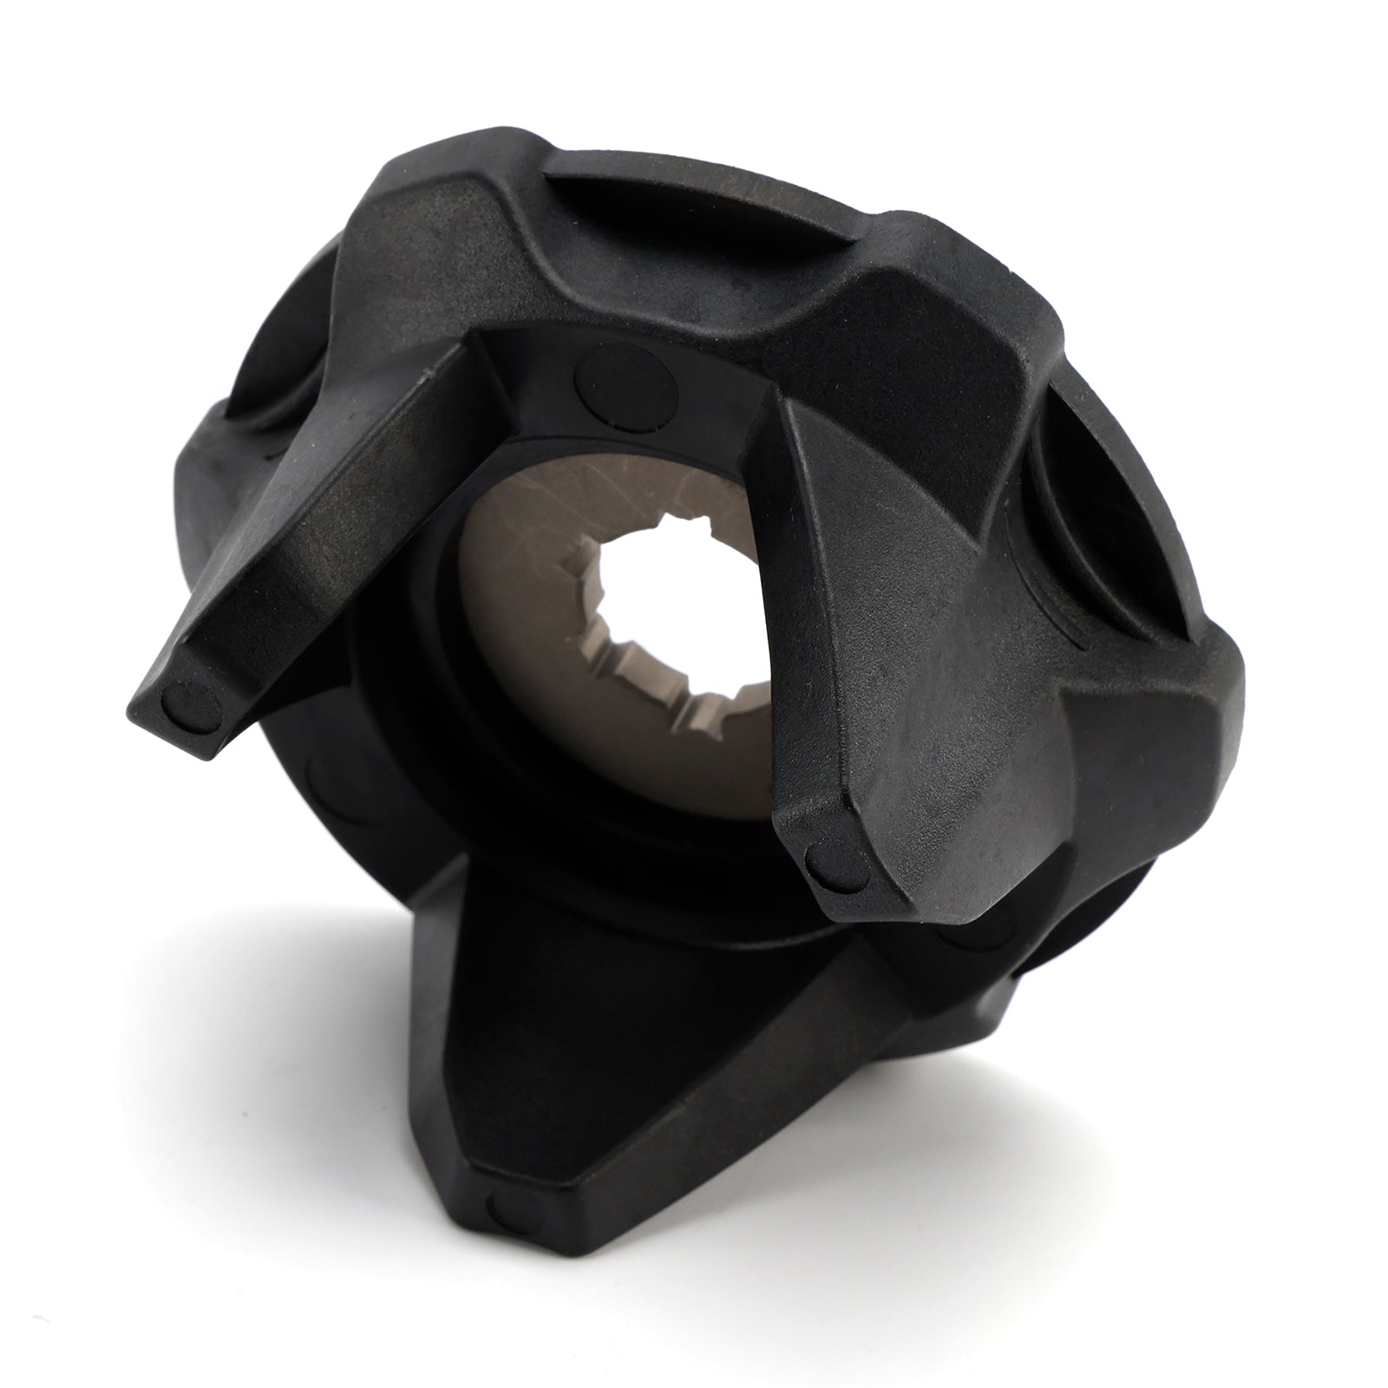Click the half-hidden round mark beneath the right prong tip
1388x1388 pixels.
[x=963, y=937]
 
